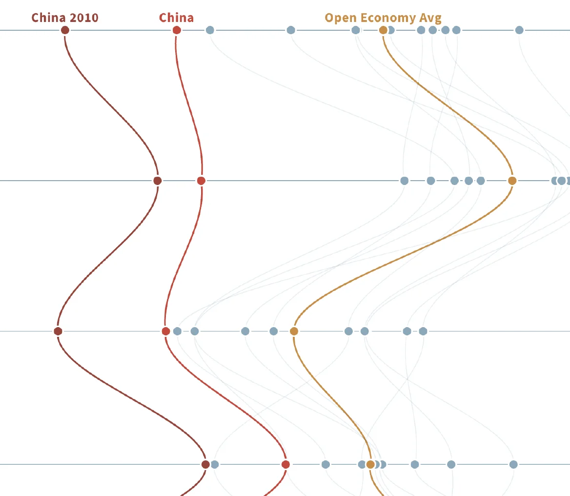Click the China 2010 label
point(65,18)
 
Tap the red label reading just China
point(176,18)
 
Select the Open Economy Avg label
point(383,18)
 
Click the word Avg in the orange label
point(430,18)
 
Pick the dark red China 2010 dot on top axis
point(65,30)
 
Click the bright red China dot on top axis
point(177,30)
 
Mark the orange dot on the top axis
point(383,30)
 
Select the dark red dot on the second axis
point(157,181)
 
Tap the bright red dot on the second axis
point(201,181)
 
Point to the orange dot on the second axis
point(512,181)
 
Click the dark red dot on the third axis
point(58,331)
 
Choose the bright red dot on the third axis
point(166,331)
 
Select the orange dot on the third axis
point(294,331)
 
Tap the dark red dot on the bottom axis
point(205,464)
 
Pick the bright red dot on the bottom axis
point(285,464)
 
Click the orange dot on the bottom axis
point(370,464)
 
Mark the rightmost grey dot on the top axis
point(519,30)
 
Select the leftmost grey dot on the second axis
point(404,181)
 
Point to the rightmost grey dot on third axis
point(423,331)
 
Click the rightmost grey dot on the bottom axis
point(513,464)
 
